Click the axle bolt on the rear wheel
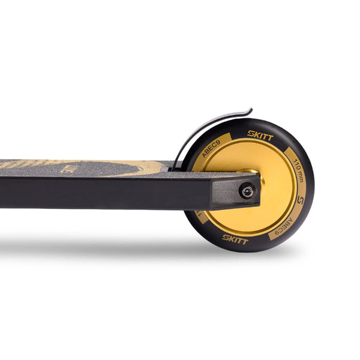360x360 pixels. tap(247, 191)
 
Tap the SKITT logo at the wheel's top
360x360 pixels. tap(260, 136)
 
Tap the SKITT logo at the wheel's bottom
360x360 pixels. tap(235, 239)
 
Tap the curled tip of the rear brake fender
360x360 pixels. tap(249, 110)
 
